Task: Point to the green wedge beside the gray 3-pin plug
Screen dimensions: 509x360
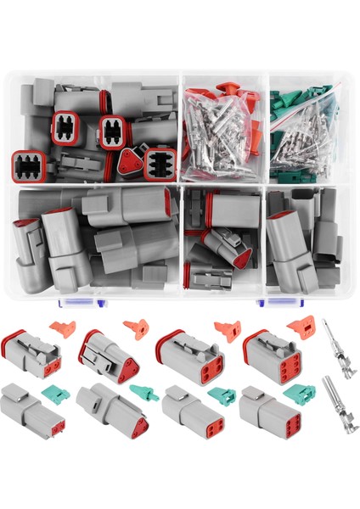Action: pyautogui.click(x=143, y=394)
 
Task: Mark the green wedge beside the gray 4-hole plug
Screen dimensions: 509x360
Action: pyautogui.click(x=222, y=395)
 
